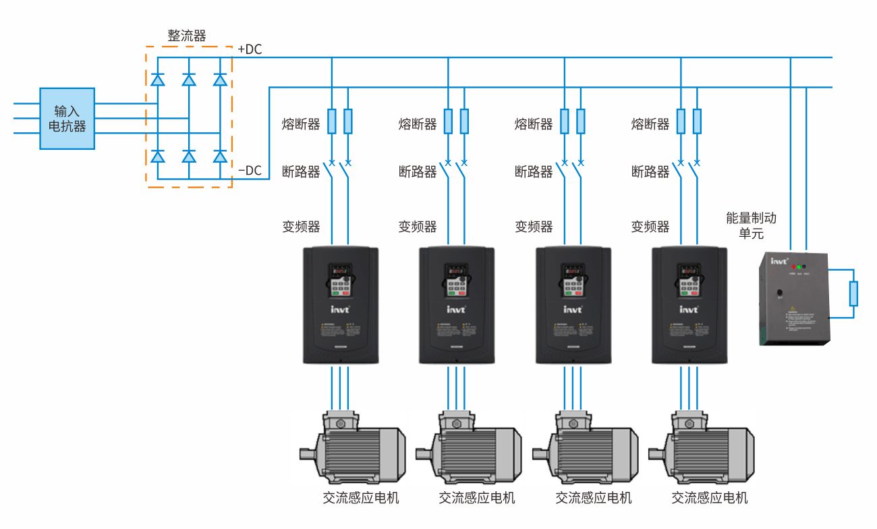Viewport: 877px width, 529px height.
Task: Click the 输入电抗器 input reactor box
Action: [67, 118]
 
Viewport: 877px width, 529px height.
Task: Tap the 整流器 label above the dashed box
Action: [186, 36]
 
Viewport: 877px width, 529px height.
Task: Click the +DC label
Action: [250, 49]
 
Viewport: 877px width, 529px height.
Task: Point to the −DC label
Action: [250, 170]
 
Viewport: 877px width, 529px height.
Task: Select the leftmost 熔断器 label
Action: [301, 124]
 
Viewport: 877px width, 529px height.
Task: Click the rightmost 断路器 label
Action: [650, 172]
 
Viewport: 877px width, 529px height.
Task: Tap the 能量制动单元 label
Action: [751, 226]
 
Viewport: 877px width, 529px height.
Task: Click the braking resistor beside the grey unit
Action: [854, 293]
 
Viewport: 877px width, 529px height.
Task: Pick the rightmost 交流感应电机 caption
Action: [710, 498]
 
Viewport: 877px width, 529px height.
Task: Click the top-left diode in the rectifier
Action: [158, 80]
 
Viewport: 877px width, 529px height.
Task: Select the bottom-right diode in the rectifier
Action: [220, 157]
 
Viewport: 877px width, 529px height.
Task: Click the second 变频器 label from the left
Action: [418, 227]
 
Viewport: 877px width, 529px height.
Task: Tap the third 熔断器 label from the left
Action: [534, 124]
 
